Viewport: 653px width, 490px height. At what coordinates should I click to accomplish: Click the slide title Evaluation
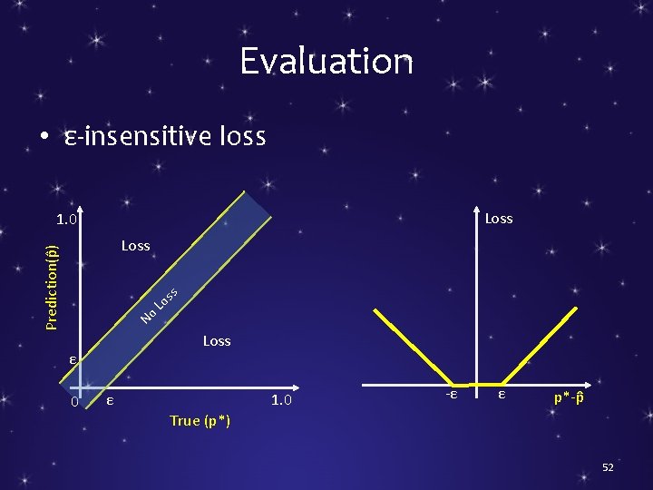pyautogui.click(x=326, y=62)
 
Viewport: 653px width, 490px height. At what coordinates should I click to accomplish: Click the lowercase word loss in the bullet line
pyautogui.click(x=242, y=137)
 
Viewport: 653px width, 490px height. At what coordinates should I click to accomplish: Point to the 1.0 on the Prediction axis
pyautogui.click(x=66, y=220)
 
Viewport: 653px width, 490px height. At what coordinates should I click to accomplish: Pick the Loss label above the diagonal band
pyautogui.click(x=135, y=245)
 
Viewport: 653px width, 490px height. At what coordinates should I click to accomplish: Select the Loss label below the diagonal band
pyautogui.click(x=217, y=341)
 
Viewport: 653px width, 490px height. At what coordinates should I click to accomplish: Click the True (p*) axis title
pyautogui.click(x=200, y=420)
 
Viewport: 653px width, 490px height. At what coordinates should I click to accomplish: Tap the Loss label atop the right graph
pyautogui.click(x=499, y=219)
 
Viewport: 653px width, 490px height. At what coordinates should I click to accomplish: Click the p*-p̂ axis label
pyautogui.click(x=569, y=398)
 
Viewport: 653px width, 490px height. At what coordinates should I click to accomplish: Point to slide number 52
pyautogui.click(x=608, y=466)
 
